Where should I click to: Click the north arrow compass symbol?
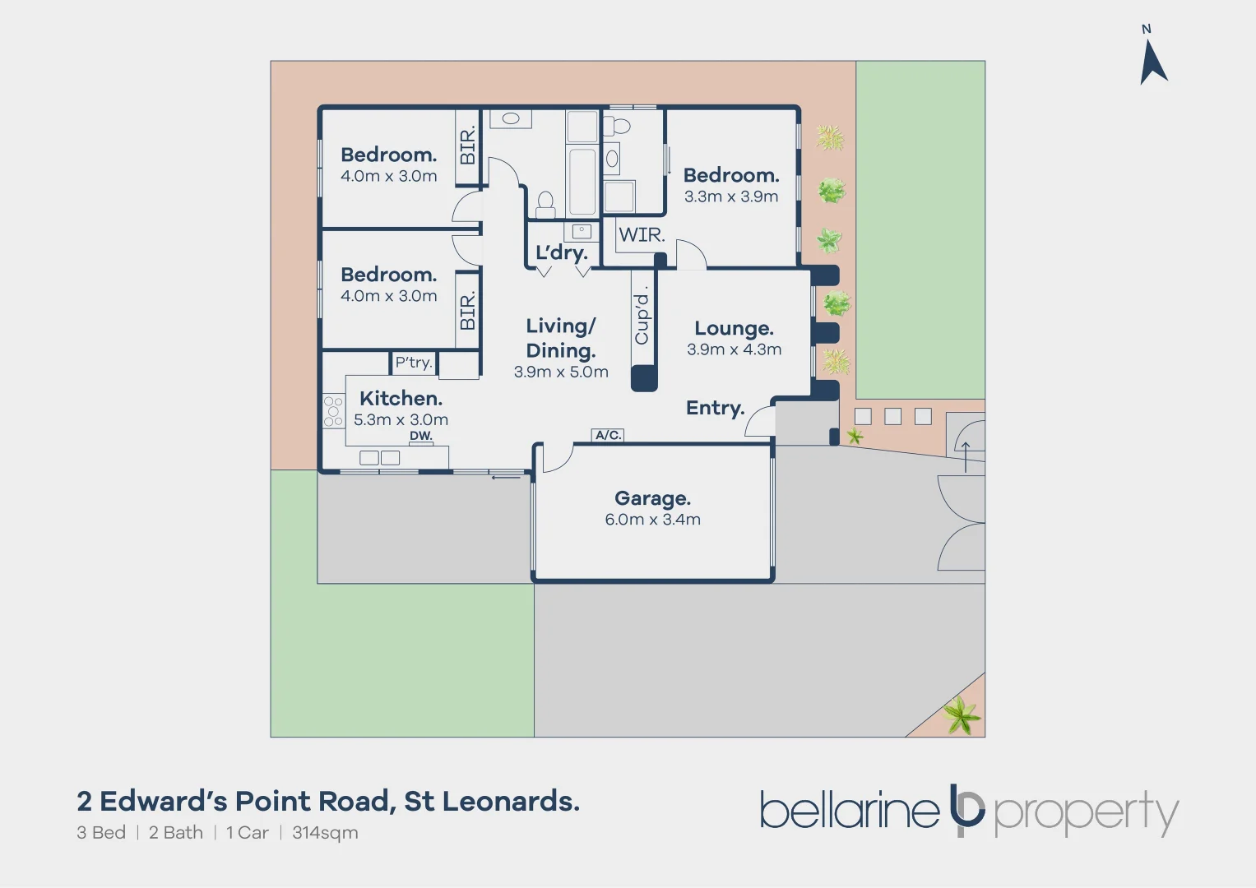[x=1152, y=62]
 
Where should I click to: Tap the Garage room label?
[x=652, y=498]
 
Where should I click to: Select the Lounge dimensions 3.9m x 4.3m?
[x=734, y=349]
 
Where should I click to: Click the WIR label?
[x=642, y=235]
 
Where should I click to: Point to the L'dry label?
[x=561, y=252]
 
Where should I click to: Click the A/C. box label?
[x=608, y=435]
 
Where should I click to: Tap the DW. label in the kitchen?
[x=420, y=436]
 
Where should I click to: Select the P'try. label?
[x=413, y=363]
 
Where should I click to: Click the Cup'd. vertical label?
[x=642, y=316]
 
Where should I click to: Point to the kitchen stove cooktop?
[x=333, y=411]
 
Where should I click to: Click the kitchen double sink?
[x=379, y=458]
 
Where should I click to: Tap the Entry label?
[x=715, y=408]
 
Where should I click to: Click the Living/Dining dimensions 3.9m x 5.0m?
[x=561, y=372]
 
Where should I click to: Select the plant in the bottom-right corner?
[x=961, y=715]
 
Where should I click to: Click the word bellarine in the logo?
[x=849, y=811]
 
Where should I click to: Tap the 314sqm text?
[x=325, y=833]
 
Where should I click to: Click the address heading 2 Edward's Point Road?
[x=327, y=801]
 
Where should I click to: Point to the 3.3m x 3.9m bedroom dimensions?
[x=730, y=197]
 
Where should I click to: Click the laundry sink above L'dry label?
[x=582, y=232]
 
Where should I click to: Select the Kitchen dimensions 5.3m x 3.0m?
[x=401, y=419]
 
